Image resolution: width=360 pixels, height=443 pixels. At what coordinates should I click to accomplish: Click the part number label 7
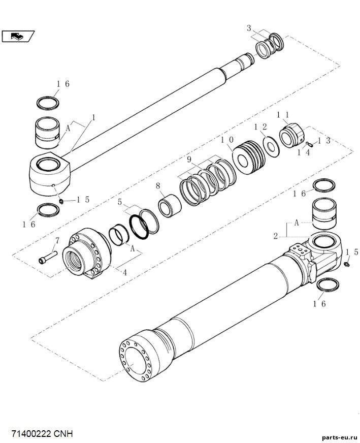click(x=57, y=241)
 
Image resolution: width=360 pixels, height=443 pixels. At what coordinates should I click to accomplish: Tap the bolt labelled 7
click(x=48, y=257)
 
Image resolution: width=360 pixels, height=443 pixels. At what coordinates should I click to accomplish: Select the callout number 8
click(x=158, y=186)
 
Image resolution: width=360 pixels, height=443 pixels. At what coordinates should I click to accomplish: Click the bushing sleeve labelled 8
click(x=170, y=205)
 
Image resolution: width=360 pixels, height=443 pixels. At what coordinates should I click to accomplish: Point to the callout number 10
click(x=227, y=140)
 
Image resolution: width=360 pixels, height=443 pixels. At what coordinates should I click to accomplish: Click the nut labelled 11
click(x=292, y=135)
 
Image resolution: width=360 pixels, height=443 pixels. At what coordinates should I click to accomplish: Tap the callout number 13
click(x=324, y=141)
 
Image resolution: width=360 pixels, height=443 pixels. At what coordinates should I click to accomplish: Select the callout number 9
click(x=189, y=160)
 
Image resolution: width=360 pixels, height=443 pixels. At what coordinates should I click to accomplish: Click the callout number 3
click(x=249, y=28)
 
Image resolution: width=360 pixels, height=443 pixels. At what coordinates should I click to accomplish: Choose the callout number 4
click(x=125, y=272)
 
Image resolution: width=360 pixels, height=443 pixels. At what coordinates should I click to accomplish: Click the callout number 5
click(x=120, y=202)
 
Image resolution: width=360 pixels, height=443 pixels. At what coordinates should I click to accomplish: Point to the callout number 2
click(x=276, y=236)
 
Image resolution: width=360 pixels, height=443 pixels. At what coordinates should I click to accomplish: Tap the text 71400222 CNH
click(x=42, y=433)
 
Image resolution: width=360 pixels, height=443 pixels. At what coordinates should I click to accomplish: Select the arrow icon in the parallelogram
click(x=17, y=36)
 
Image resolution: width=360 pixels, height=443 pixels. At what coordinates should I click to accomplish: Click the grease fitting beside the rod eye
click(x=61, y=201)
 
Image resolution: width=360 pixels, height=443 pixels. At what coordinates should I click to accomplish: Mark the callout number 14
click(x=304, y=152)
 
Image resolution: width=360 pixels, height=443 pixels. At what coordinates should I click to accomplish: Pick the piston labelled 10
click(x=249, y=157)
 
